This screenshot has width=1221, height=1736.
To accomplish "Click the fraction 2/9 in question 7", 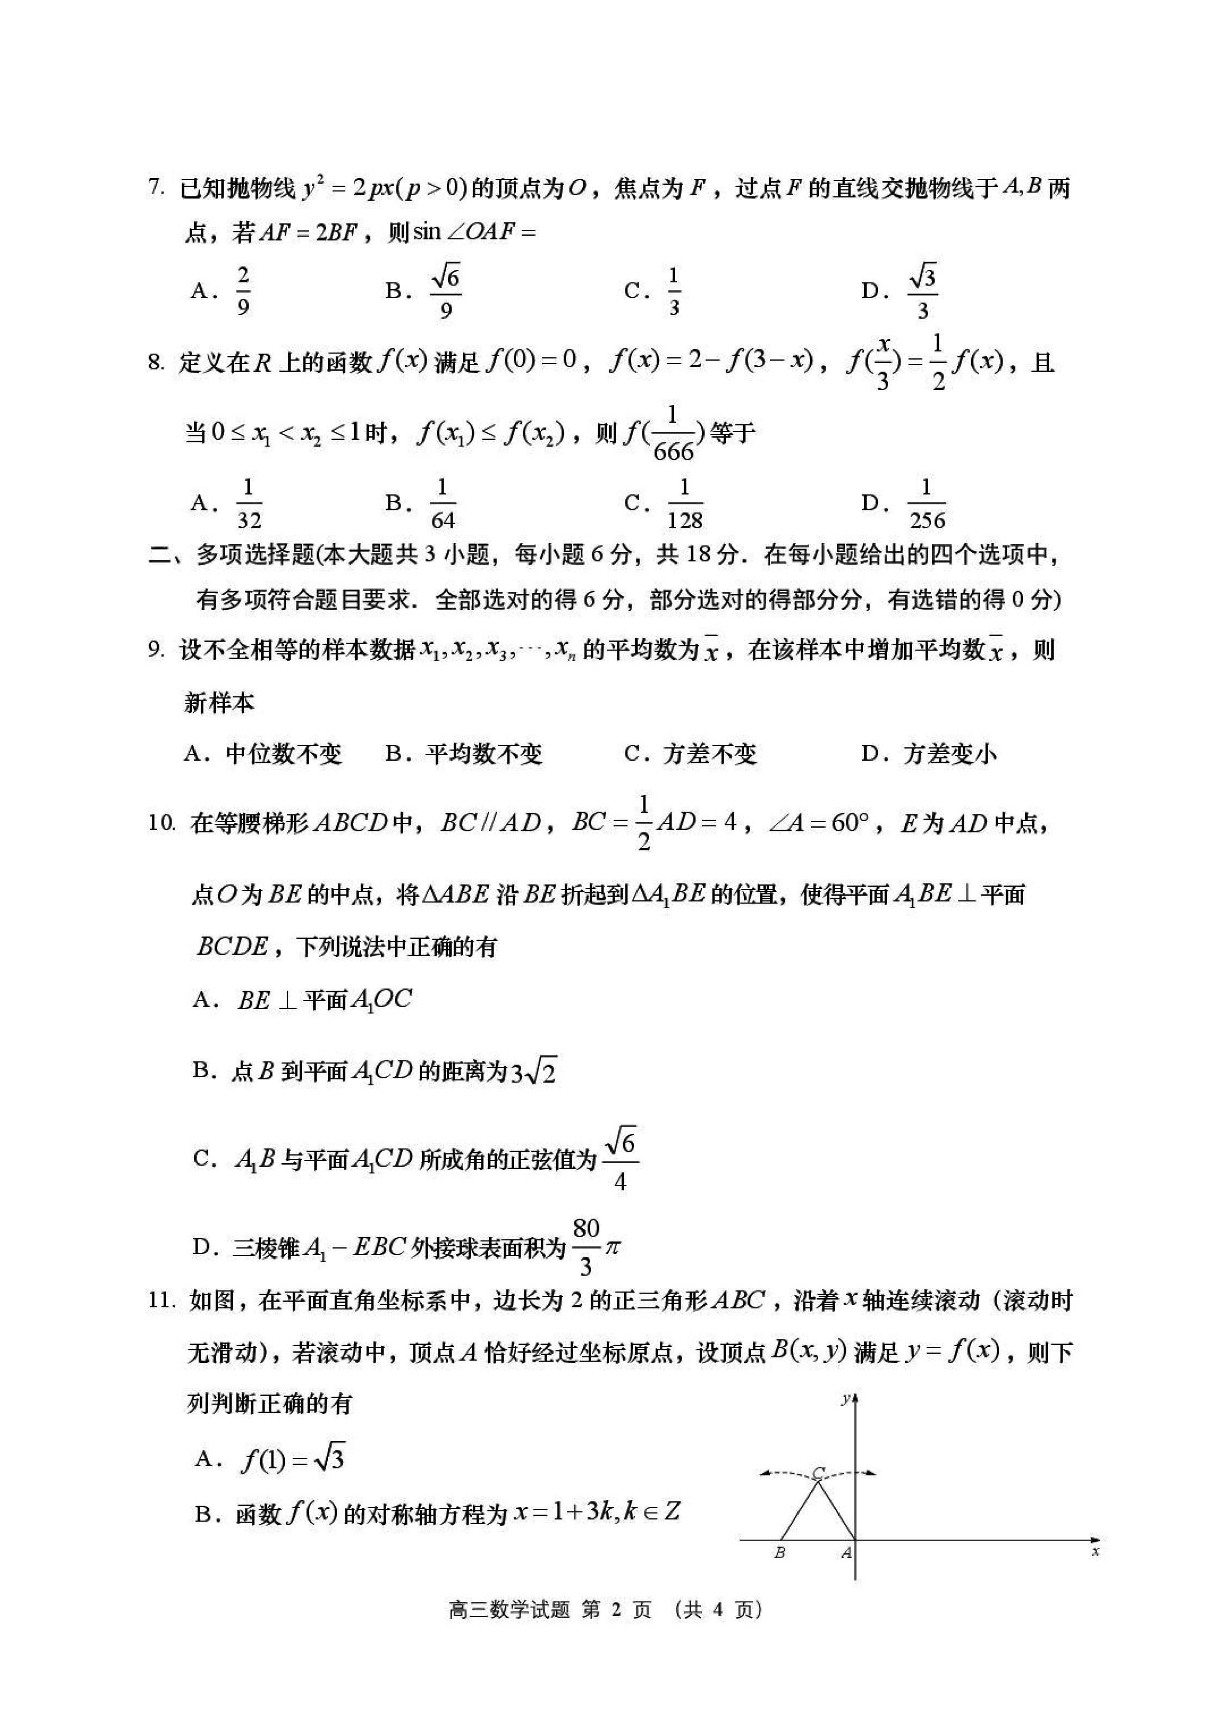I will coord(243,291).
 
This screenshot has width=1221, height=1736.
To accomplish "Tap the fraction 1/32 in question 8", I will coord(249,504).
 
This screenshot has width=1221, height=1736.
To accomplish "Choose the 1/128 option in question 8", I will coord(685,504).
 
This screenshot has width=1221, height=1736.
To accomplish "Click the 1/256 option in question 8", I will coord(927,504).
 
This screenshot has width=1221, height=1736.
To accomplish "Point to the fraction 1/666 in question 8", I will coord(673,434).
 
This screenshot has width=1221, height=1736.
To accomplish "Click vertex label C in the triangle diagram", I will coord(818,1472).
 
